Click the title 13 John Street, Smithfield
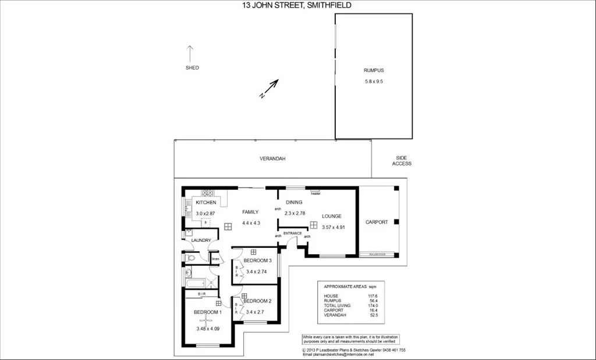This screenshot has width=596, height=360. coord(297,5)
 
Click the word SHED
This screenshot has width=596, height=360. coord(192,67)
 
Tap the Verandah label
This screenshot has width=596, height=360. coord(272,158)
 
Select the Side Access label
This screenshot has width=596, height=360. coord(402,161)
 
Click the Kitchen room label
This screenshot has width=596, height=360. coord(206,202)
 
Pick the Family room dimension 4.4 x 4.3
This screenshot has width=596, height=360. coord(250,223)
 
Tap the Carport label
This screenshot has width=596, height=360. coord(377,222)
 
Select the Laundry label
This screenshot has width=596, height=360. coord(201,240)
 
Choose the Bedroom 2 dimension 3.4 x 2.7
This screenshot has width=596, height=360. coord(255,312)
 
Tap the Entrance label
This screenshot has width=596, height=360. coord(292,233)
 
